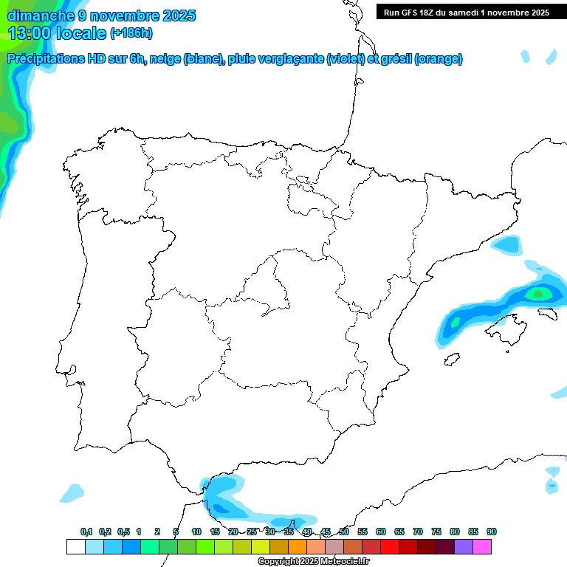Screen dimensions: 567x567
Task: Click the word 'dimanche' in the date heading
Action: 37,15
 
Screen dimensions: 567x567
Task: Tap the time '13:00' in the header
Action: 29,32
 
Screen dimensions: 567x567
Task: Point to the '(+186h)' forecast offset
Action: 131,32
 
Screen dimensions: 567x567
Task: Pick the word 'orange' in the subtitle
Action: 440,59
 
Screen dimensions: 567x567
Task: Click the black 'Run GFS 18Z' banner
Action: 466,12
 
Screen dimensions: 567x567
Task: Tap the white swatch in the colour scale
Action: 75,546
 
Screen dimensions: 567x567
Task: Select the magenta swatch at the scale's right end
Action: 482,546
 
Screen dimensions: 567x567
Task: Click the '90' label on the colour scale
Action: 492,532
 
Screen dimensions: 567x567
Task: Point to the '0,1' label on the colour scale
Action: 86,532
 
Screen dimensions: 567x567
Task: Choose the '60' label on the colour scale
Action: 381,532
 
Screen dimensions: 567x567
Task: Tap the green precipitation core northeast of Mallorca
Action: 538,294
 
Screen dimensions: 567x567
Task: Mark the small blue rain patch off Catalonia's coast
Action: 506,244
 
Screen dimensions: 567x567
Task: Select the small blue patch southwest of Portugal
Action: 72,492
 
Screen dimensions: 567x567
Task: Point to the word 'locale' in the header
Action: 80,32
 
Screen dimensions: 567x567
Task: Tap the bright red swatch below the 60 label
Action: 389,546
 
